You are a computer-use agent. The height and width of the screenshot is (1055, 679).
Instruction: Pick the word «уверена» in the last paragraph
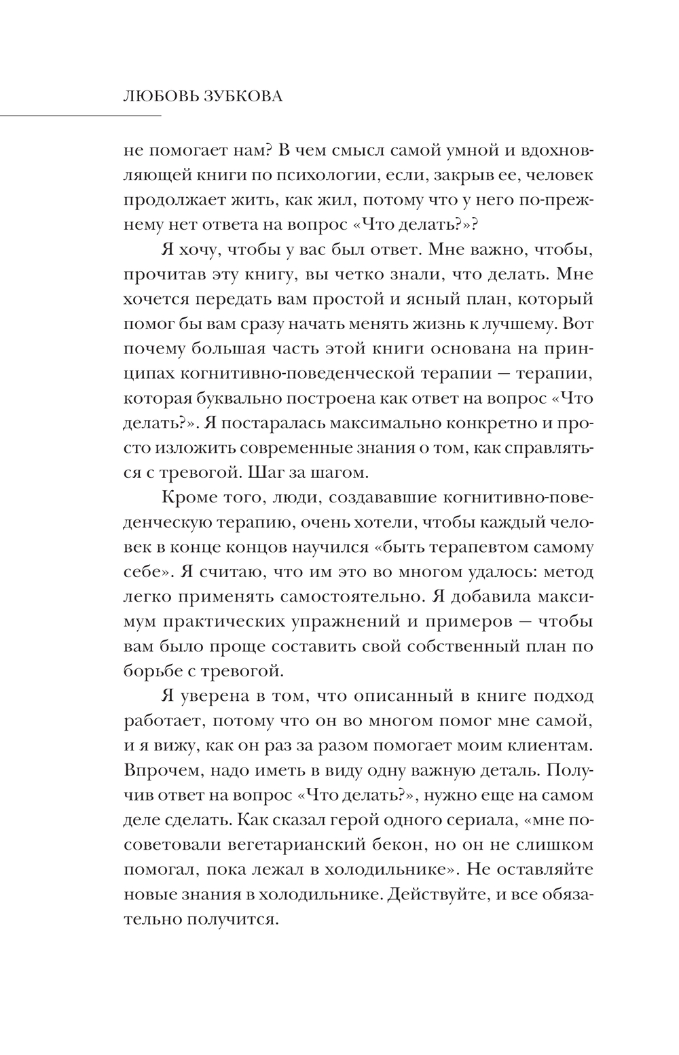tap(217, 696)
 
